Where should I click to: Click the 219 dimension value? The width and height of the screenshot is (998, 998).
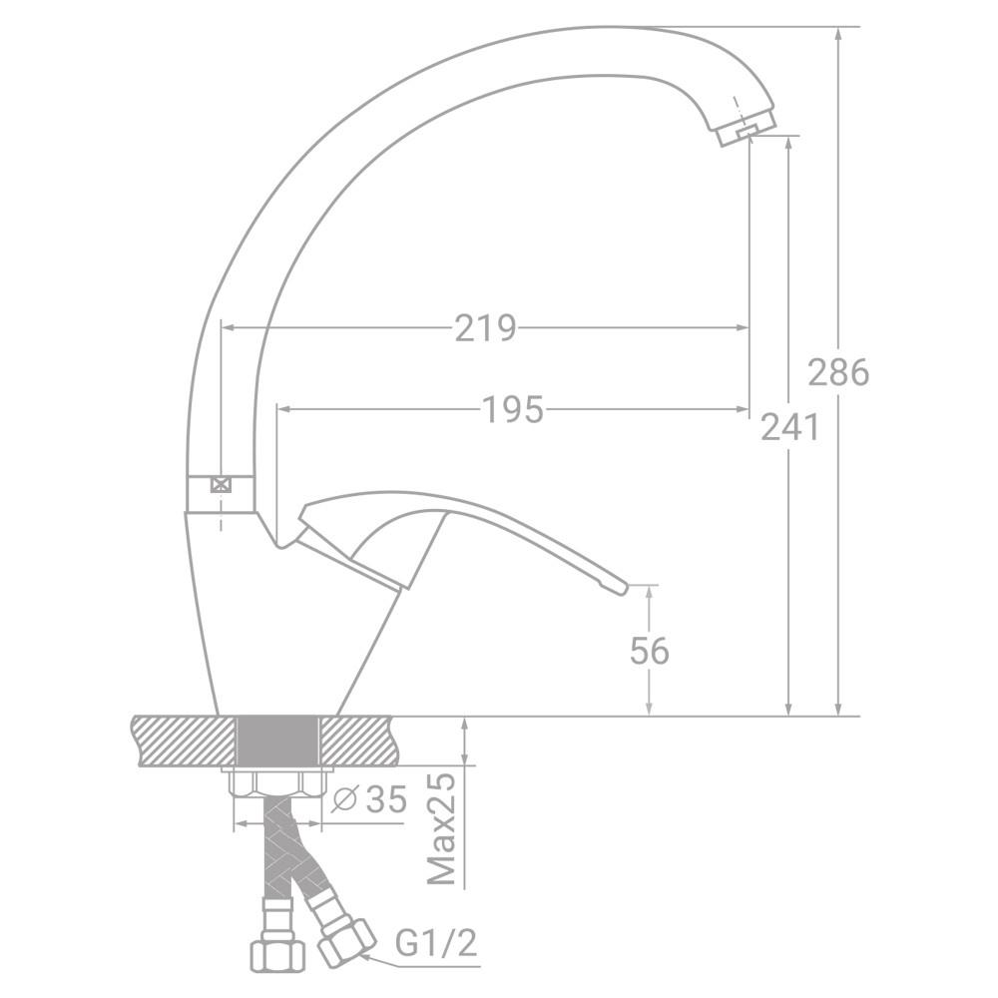tap(485, 327)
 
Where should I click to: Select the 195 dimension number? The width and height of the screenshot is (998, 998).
tap(513, 409)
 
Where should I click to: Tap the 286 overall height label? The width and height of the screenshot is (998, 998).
tap(838, 372)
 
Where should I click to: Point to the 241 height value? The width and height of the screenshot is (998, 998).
tap(789, 427)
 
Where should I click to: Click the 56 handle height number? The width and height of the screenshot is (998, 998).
tap(650, 651)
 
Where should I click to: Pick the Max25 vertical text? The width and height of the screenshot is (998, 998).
tap(441, 827)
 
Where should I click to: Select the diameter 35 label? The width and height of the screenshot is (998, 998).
tap(372, 800)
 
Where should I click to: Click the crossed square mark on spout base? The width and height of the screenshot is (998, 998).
tap(221, 485)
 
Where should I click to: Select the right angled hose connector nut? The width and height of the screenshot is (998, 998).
tap(344, 939)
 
